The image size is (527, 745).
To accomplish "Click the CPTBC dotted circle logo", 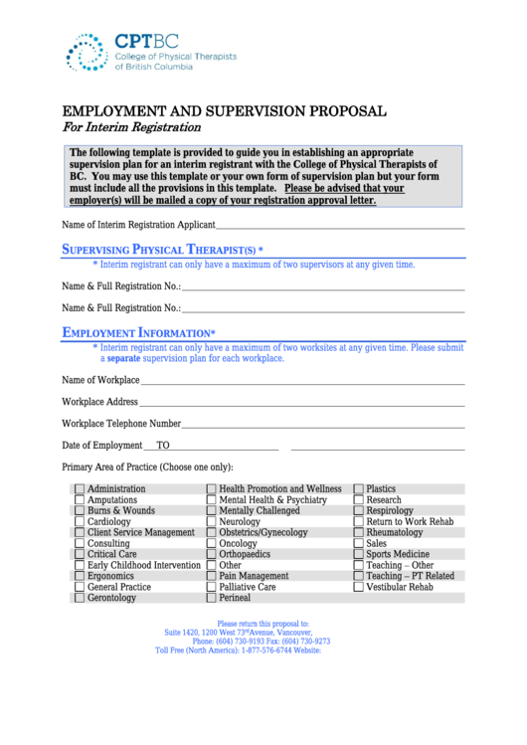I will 86,52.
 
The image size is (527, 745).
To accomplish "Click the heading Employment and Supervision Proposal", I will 225,110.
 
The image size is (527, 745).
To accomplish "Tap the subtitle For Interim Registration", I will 131,127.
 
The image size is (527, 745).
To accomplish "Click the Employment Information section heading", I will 138,332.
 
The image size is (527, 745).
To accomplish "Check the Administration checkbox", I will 79,489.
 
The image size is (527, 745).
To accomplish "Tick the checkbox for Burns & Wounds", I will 79,511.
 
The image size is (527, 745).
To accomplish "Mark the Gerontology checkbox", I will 79,599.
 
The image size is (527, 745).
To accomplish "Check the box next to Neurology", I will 211,522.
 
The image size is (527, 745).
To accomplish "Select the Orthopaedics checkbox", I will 211,555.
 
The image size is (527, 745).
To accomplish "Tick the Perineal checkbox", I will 211,599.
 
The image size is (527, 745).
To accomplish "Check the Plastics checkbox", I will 359,489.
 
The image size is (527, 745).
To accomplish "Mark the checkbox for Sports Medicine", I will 359,555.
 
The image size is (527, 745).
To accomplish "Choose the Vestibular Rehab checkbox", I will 359,588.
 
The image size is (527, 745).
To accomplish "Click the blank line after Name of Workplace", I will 302,382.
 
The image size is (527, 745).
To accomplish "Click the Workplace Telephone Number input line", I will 323,426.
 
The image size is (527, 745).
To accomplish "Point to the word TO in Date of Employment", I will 163,446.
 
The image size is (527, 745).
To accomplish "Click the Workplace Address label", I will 99,402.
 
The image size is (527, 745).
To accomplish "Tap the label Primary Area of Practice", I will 147,467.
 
